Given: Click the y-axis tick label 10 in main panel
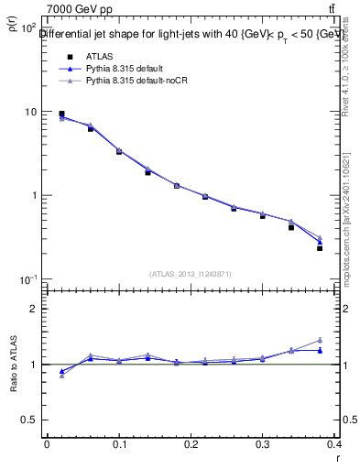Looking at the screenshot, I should (29, 112).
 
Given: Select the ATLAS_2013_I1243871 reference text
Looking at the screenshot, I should (190, 274).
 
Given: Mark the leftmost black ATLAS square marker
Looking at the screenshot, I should (61, 115).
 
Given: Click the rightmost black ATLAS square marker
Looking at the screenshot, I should (320, 248).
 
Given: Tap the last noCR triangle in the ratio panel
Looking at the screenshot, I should (320, 340).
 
